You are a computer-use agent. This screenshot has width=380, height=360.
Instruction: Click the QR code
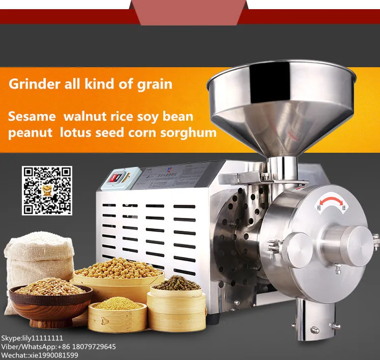tap(47, 190)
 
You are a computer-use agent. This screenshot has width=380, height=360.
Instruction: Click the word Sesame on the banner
tap(32, 116)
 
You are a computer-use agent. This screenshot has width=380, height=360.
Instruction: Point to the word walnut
tap(82, 116)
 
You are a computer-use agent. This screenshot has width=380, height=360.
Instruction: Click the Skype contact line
tap(33, 338)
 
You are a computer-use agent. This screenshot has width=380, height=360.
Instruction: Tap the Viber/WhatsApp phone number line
tap(59, 347)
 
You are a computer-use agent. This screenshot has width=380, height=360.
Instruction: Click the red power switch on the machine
tap(118, 178)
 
